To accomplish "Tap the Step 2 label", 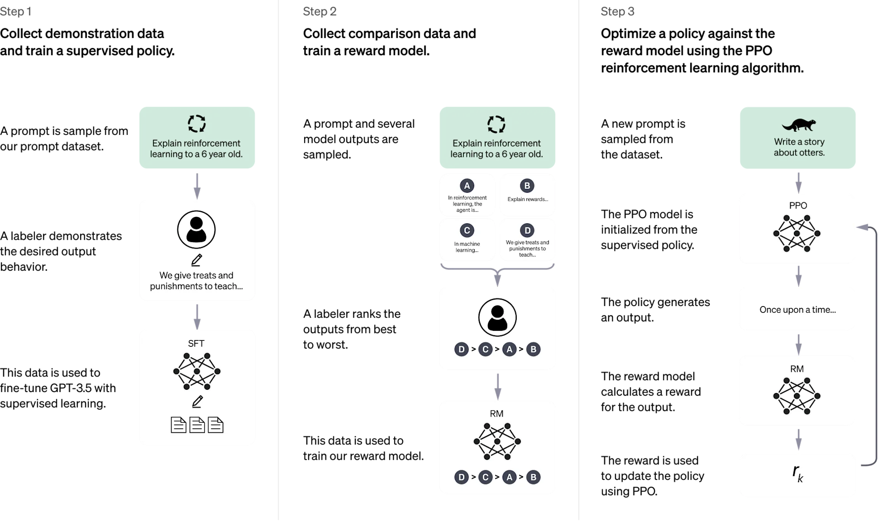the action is click(x=320, y=11).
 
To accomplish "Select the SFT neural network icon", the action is click(x=197, y=371).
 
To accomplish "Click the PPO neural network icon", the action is click(x=797, y=233).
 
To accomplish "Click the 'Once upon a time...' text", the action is click(x=798, y=310).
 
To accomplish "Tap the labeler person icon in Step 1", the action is click(x=196, y=230).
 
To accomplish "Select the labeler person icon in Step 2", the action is click(x=498, y=318).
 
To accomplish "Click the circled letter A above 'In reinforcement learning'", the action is click(x=467, y=186).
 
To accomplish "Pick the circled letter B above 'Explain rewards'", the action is click(x=527, y=186).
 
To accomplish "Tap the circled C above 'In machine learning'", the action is click(x=467, y=231).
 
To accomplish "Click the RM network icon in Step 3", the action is click(x=797, y=396).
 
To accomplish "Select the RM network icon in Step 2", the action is click(x=497, y=441).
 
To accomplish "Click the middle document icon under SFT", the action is click(x=197, y=425).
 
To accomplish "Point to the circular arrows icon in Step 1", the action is click(x=197, y=124).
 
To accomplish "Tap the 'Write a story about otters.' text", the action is click(x=799, y=147).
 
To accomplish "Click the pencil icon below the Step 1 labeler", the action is click(x=197, y=260).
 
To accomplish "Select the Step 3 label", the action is click(x=617, y=11).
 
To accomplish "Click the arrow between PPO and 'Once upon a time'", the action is click(x=798, y=276).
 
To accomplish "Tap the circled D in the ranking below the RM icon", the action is click(x=461, y=477).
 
